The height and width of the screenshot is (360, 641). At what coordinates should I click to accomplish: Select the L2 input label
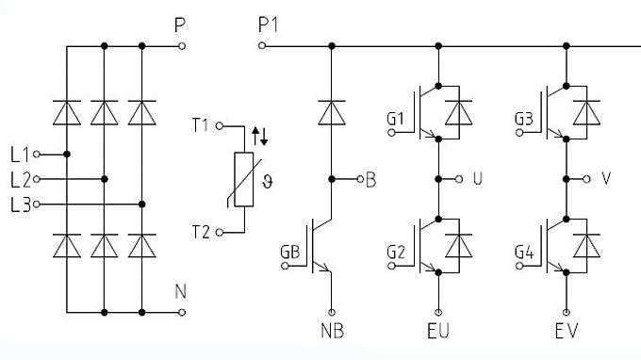19,178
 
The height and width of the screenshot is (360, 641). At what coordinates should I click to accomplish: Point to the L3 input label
19,203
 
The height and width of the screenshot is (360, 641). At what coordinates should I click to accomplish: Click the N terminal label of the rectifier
180,292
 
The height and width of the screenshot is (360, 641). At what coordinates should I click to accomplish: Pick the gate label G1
395,119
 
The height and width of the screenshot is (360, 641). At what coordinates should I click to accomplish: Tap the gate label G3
525,119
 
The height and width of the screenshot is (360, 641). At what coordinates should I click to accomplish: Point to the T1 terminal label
202,123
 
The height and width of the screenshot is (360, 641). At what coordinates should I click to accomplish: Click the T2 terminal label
202,232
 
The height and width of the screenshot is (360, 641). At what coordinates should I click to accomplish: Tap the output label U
476,178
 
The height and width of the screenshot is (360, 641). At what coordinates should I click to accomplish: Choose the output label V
606,178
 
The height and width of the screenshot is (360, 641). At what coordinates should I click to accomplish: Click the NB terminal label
331,332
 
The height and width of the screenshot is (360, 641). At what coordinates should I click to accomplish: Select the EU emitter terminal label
438,332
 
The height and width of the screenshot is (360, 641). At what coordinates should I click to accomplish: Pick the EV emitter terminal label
567,332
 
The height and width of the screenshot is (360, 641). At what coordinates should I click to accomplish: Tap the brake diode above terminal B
331,113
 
